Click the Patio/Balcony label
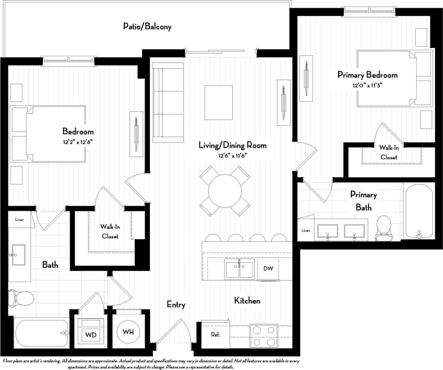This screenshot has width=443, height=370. point(147,27)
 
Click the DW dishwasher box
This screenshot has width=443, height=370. point(268,268)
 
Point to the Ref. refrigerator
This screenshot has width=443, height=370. point(215,334)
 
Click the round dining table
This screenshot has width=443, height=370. point(224,190)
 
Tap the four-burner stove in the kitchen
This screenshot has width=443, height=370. point(264,336)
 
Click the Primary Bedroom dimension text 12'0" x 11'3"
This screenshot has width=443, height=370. point(367,85)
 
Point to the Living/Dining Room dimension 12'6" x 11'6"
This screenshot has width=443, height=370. point(232,155)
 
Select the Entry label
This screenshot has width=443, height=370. point(176,304)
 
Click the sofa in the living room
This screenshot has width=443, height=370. point(168,103)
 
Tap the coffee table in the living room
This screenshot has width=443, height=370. point(219,102)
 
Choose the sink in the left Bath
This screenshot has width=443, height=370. point(18,255)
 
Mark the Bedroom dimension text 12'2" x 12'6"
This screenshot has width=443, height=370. point(78,142)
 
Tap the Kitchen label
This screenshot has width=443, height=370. point(247,301)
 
